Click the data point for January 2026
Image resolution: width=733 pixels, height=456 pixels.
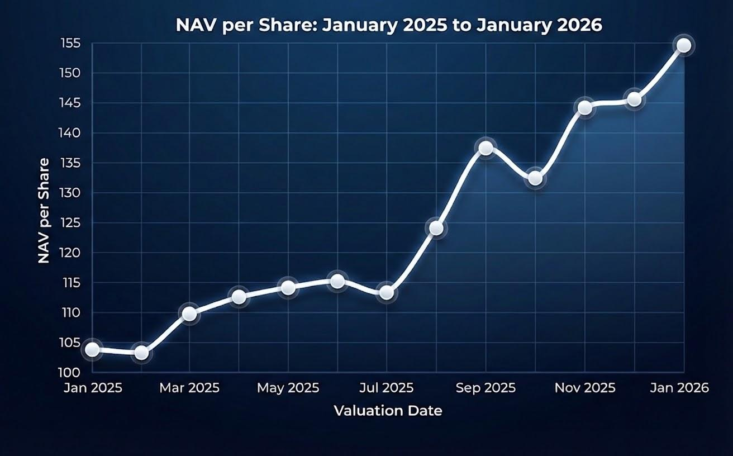tap(684, 46)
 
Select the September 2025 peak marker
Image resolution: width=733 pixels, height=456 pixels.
tap(486, 148)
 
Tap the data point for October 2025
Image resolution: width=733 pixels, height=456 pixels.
tap(535, 178)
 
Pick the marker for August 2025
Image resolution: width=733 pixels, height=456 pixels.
tap(436, 228)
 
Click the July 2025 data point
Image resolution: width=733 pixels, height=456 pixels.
tap(387, 292)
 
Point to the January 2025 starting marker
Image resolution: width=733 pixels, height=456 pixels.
tap(92, 350)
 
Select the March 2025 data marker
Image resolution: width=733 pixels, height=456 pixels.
tap(189, 314)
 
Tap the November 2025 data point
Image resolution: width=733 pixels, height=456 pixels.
tap(585, 107)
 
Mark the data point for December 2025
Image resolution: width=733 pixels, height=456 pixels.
tap(634, 99)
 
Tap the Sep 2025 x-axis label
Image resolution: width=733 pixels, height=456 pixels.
tap(486, 388)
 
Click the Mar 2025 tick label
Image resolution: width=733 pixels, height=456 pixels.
tap(189, 388)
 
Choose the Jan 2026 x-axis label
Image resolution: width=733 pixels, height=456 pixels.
tap(679, 388)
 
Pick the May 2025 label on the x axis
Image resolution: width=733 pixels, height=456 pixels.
tap(288, 388)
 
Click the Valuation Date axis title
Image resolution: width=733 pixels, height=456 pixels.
tap(388, 411)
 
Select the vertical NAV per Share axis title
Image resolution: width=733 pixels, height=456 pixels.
tap(44, 211)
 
